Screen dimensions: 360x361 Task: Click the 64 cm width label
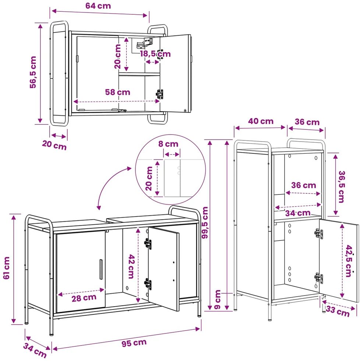tap(98, 6)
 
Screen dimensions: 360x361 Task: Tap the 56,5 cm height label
tap(33, 72)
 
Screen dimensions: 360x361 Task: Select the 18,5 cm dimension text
tap(155, 54)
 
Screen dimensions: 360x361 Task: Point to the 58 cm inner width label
tap(117, 92)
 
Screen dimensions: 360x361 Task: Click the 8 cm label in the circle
tap(168, 144)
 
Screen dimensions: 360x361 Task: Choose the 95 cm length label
tap(134, 343)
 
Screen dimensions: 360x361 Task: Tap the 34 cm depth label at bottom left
tap(35, 350)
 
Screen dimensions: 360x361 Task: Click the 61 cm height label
tap(7, 268)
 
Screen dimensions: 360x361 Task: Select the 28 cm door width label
tap(84, 298)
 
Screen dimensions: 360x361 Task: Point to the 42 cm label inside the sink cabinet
tap(131, 267)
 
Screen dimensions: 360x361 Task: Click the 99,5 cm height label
tap(205, 223)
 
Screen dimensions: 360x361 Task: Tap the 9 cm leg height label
tap(217, 299)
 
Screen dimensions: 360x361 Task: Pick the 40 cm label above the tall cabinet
tap(261, 121)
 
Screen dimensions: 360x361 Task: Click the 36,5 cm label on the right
tap(341, 187)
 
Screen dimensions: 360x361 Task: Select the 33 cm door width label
tap(338, 311)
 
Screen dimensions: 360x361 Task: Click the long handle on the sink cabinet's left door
tap(101, 269)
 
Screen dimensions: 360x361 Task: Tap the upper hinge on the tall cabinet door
tap(318, 234)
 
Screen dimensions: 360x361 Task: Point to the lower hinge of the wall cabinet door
tap(159, 94)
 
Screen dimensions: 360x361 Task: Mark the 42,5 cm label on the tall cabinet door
tap(349, 261)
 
